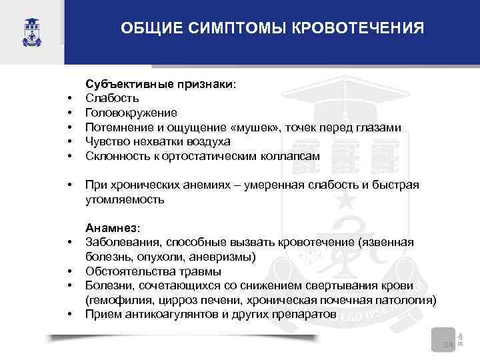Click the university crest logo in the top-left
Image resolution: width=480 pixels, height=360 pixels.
coord(31,29)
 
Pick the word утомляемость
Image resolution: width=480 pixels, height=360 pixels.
coord(125,199)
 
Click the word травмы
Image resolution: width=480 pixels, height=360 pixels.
coord(199,271)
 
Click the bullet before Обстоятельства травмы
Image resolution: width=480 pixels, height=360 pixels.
coord(69,272)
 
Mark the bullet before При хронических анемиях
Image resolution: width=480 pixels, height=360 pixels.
coord(69,185)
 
